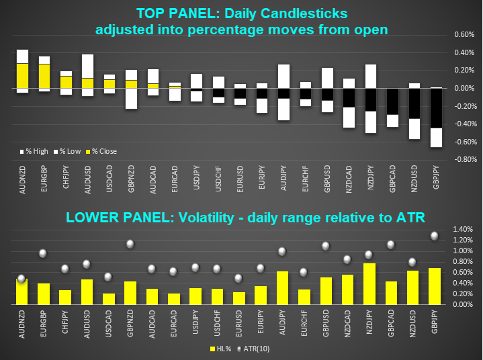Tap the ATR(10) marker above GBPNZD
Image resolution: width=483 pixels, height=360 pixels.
(x=130, y=244)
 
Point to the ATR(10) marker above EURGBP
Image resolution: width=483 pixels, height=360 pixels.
(x=42, y=253)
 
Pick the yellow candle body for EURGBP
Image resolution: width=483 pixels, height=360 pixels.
(x=44, y=76)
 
